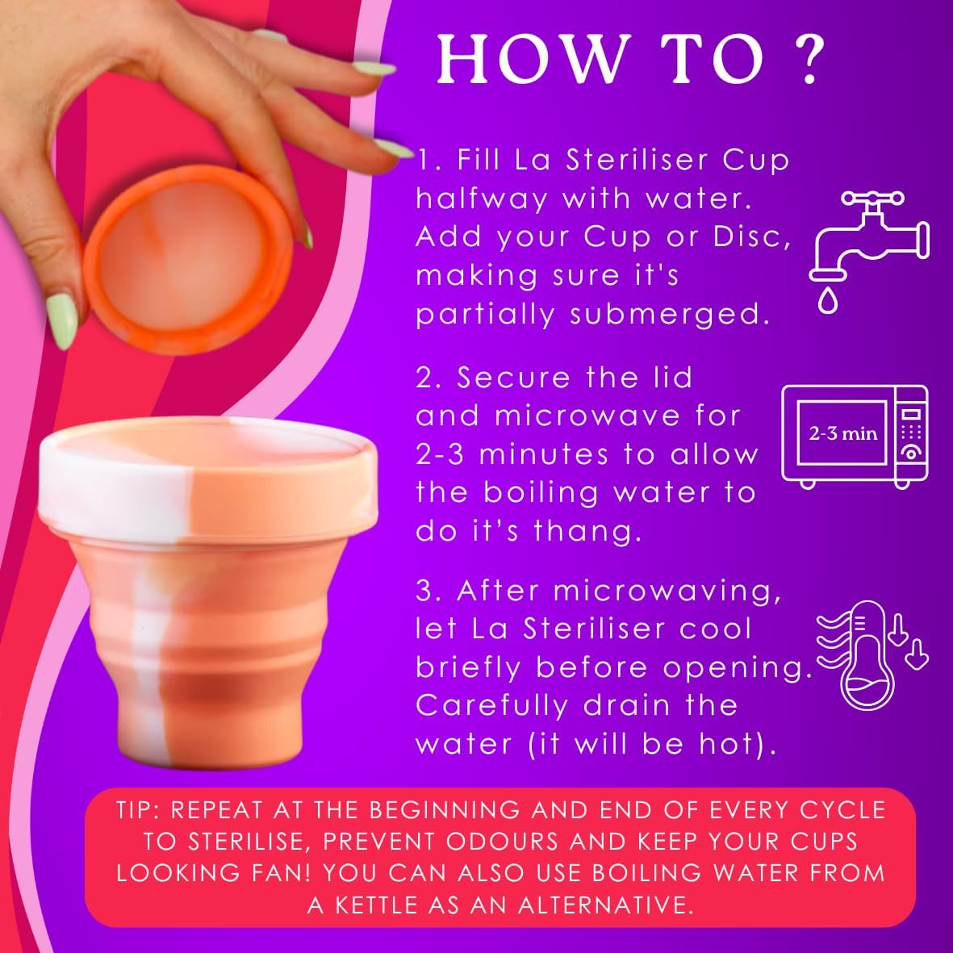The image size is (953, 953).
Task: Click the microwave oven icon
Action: pyautogui.click(x=854, y=437)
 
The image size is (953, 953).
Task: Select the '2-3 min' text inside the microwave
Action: pyautogui.click(x=842, y=434)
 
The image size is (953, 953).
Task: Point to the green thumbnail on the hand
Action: pyautogui.click(x=61, y=321)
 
